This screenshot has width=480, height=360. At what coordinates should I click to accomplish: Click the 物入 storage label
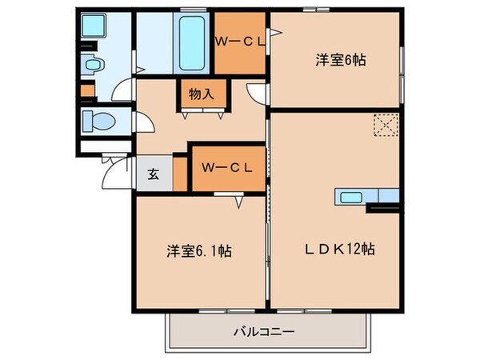tap(201, 94)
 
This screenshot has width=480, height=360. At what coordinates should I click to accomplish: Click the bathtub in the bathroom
tap(190, 42)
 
